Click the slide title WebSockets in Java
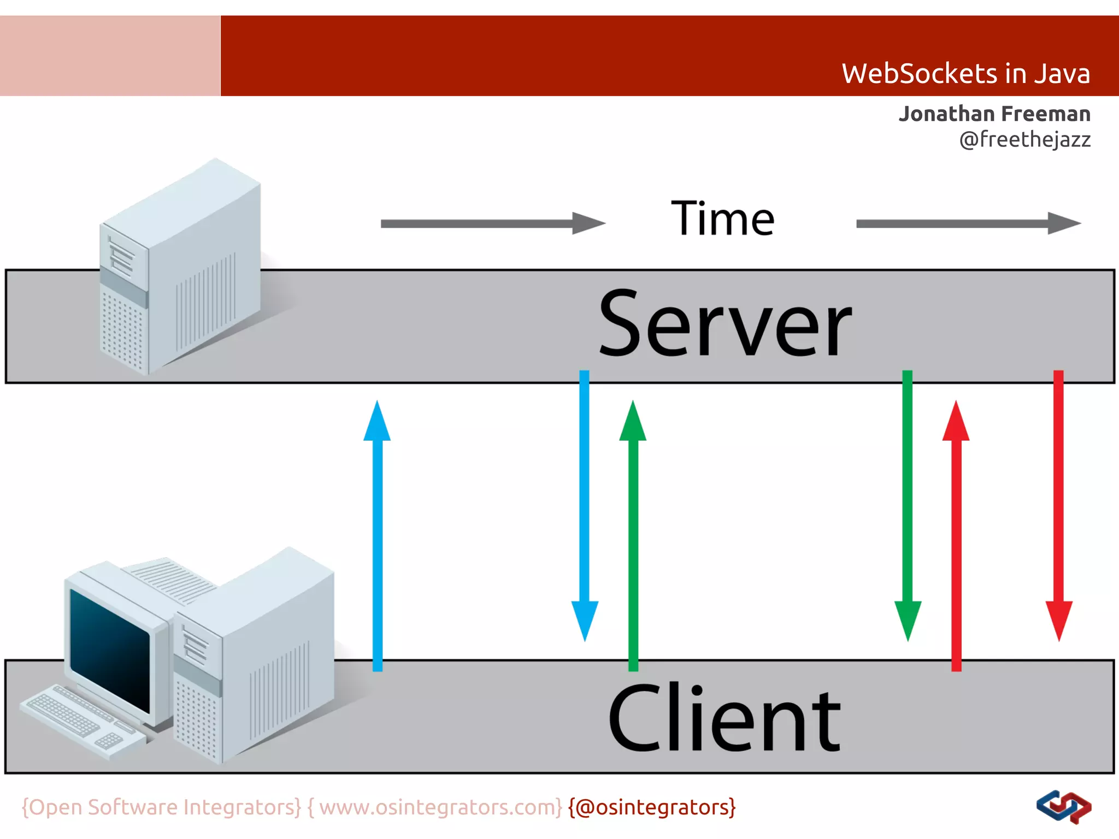click(965, 74)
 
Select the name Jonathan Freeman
click(994, 114)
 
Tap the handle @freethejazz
click(1025, 139)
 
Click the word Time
click(722, 218)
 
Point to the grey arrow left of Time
click(492, 223)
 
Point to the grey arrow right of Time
click(967, 223)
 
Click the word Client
click(725, 718)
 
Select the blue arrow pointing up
click(377, 535)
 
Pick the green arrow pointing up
click(633, 535)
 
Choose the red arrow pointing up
click(956, 535)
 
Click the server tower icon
click(180, 268)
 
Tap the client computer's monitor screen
click(109, 650)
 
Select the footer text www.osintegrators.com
click(440, 807)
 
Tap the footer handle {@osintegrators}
click(652, 807)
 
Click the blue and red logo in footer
click(1063, 806)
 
